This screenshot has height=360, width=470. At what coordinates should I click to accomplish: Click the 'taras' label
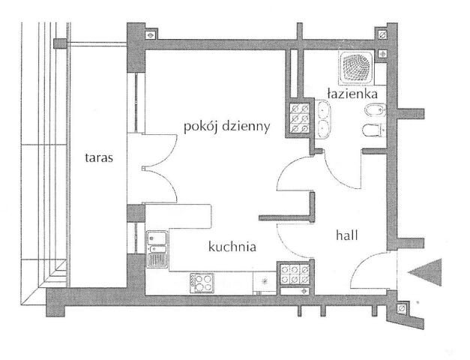point(99,157)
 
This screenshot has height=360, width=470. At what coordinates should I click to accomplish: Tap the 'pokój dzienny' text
point(226,127)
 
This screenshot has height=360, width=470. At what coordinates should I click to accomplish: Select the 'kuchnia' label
point(232,247)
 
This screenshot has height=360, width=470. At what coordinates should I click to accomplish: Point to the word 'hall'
point(347,235)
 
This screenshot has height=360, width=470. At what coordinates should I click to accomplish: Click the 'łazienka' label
point(352,94)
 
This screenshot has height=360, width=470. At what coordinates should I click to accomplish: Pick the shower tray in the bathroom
point(356,67)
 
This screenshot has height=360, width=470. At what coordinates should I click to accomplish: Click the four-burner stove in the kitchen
point(202,283)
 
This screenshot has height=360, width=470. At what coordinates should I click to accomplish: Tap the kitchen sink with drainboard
point(157,249)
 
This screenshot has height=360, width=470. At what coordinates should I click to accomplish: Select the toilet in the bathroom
point(374,130)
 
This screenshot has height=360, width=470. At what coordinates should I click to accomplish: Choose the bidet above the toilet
point(375,110)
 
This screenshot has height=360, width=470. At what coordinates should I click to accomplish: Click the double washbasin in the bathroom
point(323,119)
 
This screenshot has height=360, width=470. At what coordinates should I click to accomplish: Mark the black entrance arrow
point(425,271)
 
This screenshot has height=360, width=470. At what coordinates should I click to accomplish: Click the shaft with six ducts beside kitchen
point(295,274)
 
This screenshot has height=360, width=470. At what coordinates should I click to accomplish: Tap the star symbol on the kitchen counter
point(265,281)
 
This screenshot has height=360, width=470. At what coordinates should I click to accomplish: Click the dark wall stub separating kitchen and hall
point(287,218)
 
